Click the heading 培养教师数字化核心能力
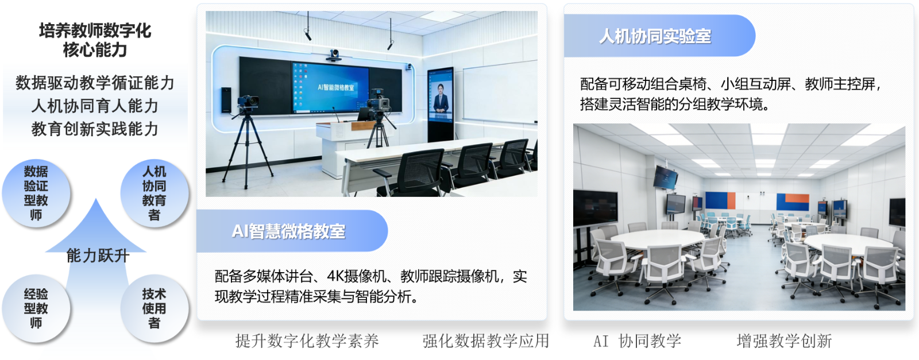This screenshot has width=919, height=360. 95,40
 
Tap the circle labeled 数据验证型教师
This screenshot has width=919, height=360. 36,193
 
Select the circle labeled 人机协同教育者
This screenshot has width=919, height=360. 155,193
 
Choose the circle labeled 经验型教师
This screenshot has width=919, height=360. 36,308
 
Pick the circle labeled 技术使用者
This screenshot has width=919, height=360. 155,308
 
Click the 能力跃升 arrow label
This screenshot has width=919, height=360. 98,256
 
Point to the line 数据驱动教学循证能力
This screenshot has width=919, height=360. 95,83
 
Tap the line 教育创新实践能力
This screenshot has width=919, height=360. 95,129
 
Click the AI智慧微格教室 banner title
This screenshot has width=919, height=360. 288,231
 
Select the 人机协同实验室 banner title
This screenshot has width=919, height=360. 655,36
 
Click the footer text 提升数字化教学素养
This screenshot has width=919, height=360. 307,340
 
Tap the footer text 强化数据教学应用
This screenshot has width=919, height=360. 486,340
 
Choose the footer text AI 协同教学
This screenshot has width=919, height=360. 637,340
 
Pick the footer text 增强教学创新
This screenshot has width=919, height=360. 784,340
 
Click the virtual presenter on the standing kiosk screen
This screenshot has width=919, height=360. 441,98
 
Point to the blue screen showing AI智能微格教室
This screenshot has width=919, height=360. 330,87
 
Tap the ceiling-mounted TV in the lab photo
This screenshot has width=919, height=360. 666,177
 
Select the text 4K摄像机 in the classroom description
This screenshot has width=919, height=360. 356,276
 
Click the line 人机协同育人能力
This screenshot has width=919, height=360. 95,106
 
